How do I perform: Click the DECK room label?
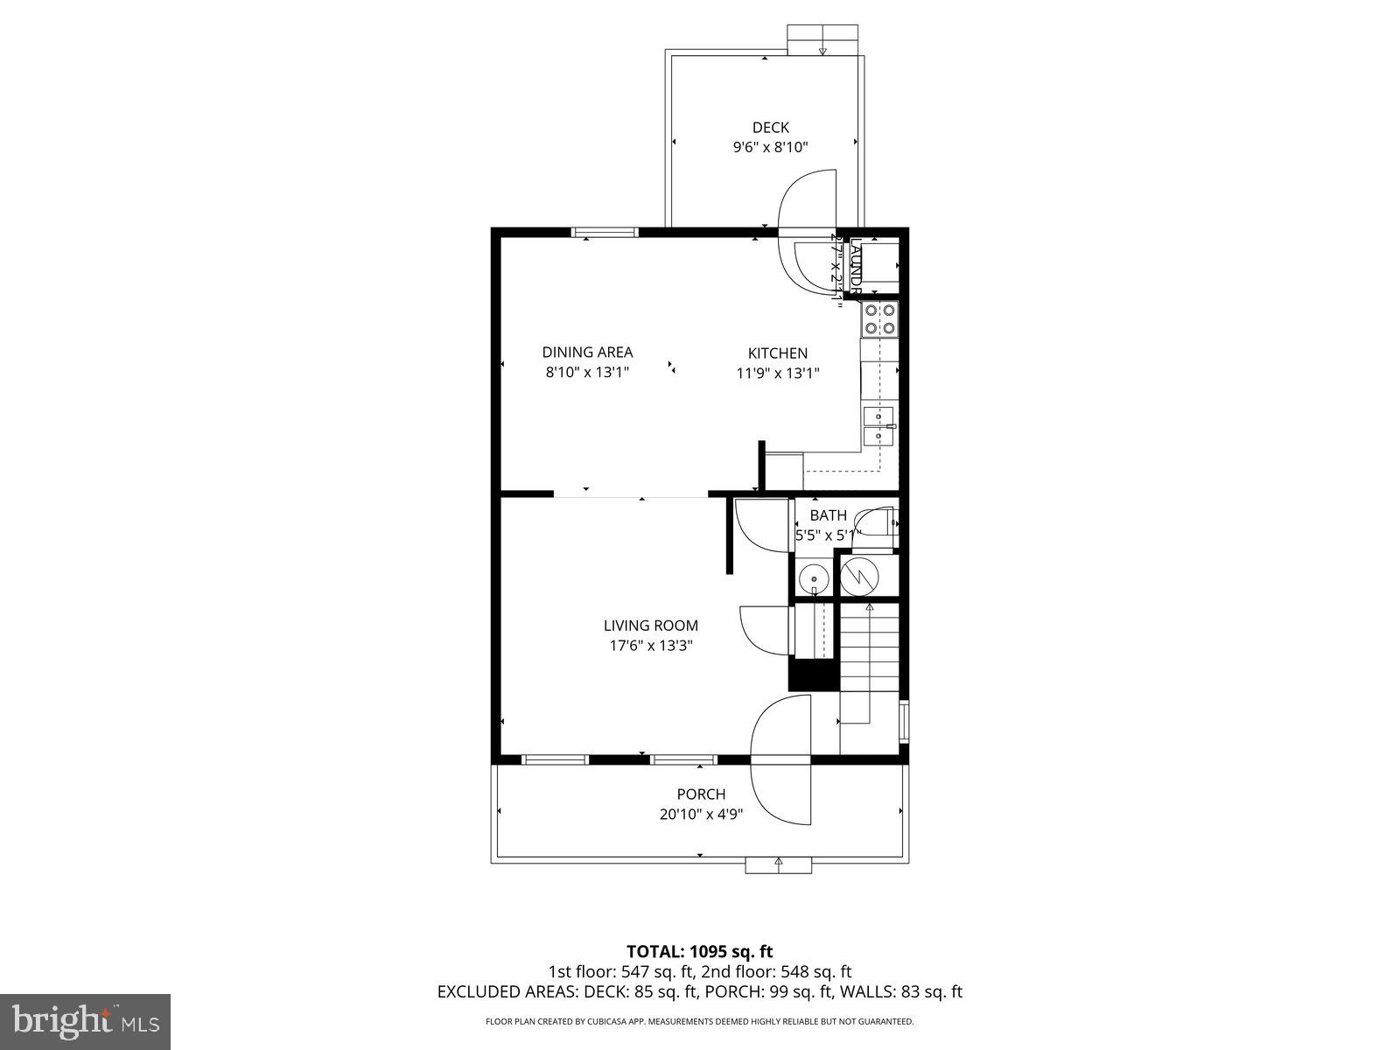point(770,128)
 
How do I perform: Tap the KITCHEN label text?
point(777,353)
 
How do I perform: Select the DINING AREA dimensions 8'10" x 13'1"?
point(587,372)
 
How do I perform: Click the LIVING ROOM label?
point(650,626)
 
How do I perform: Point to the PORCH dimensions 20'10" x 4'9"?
point(701,814)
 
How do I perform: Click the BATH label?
point(828,515)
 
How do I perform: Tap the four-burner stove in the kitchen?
point(880,319)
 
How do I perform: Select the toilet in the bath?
point(878,527)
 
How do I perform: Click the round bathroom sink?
point(815,579)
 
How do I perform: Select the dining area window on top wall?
point(605,233)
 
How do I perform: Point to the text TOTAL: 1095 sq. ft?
point(699,951)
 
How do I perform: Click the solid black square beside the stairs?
point(813,675)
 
